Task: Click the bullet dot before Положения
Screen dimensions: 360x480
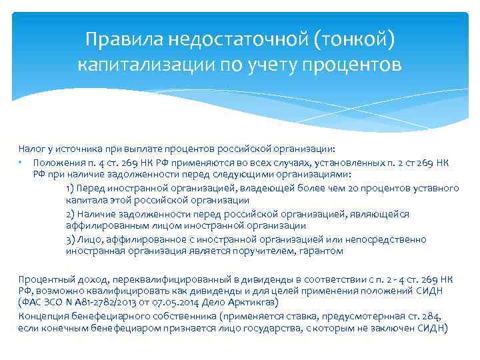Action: pyautogui.click(x=21, y=163)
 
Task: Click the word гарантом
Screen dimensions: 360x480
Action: pyautogui.click(x=324, y=251)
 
